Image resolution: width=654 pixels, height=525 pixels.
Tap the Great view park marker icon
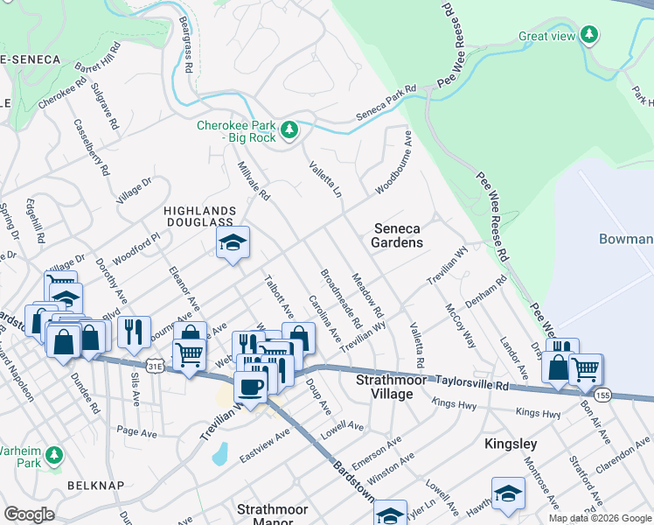(x=591, y=35)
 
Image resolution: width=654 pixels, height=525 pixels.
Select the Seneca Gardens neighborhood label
(x=398, y=235)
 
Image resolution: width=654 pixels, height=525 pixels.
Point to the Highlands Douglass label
(x=200, y=217)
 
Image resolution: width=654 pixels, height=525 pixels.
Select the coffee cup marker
(x=250, y=386)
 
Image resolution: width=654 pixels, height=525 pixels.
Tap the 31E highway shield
(x=155, y=363)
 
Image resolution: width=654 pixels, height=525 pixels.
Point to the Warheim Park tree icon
(x=54, y=455)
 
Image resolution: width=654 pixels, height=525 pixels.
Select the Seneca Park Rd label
(x=387, y=103)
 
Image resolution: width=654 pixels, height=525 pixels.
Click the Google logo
(x=29, y=514)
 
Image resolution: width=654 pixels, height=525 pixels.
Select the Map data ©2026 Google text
(x=600, y=518)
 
